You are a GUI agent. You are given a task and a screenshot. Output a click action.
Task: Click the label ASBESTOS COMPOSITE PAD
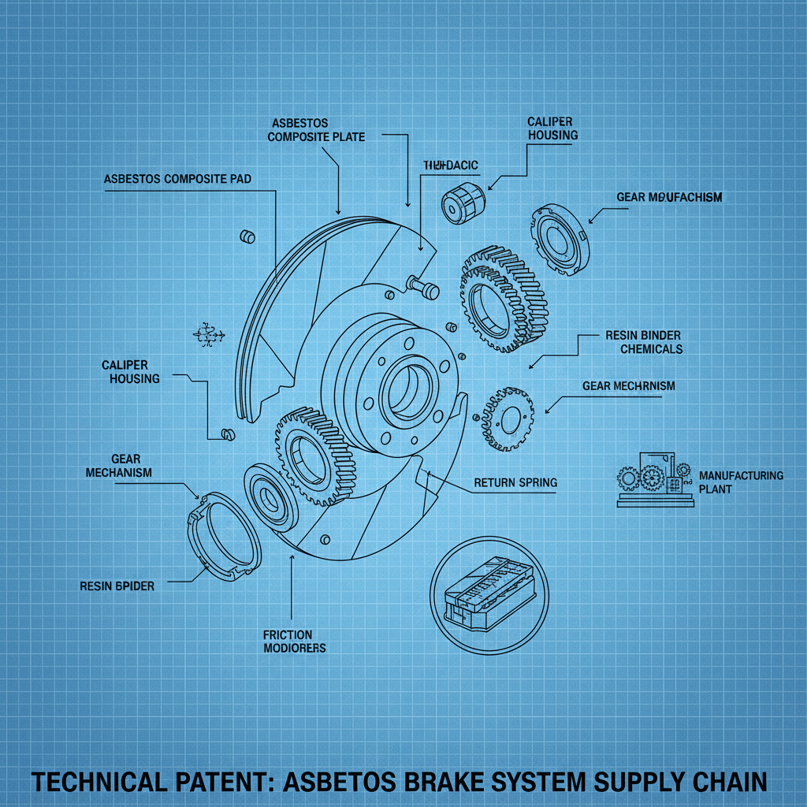177,179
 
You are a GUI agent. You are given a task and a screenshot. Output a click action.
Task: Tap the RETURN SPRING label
515,482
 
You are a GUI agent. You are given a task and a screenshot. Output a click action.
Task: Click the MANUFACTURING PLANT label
741,482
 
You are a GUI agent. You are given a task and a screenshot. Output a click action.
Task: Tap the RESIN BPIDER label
117,586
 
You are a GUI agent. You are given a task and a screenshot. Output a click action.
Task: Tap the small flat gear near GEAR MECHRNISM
506,418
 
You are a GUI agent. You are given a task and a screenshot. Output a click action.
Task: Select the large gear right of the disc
502,300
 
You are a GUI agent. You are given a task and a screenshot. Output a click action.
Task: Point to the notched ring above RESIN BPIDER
224,537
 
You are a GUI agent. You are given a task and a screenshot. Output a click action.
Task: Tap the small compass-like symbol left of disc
209,334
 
